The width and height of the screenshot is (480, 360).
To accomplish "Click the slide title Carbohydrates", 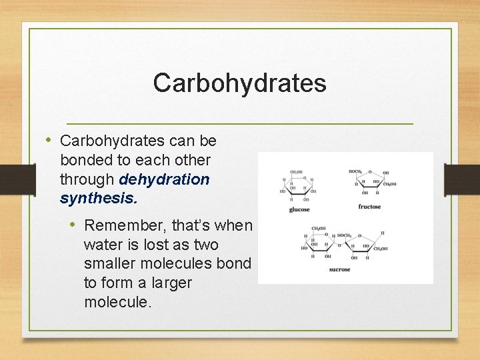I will click(x=239, y=83).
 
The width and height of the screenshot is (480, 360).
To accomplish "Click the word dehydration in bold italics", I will click(x=164, y=179).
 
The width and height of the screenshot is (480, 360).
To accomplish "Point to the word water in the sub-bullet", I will click(x=102, y=245).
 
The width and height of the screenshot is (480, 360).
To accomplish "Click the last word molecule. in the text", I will click(x=117, y=301).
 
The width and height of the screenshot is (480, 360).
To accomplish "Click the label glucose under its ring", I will click(x=299, y=210).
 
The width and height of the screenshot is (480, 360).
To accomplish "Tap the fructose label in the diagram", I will click(x=369, y=207).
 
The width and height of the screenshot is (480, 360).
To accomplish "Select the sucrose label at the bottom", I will click(x=339, y=269).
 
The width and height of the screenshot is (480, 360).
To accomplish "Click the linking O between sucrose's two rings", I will click(x=339, y=246).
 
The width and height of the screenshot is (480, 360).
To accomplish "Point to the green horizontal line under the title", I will click(x=239, y=124).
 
